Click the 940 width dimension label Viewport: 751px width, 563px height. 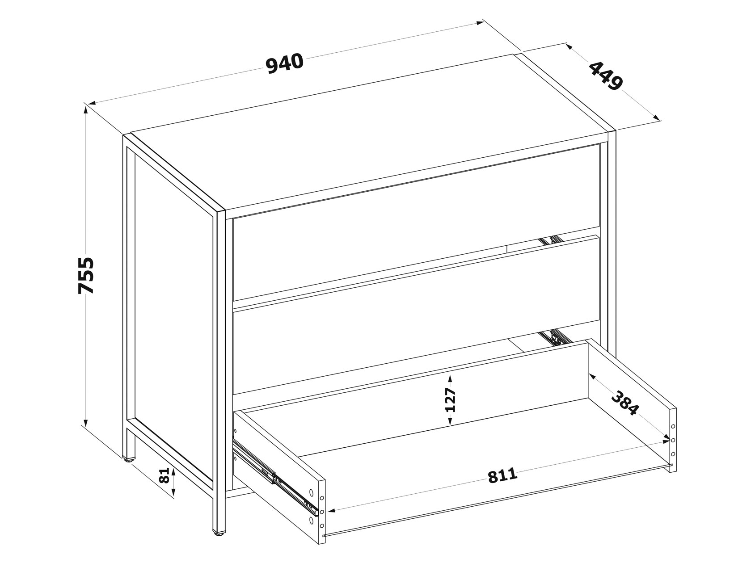(285, 63)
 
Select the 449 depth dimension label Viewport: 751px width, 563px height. (606, 76)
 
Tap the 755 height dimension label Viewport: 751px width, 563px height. (85, 276)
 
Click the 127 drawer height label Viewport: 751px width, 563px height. (451, 399)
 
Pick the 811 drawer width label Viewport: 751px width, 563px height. (502, 475)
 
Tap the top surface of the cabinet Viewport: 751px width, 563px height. (370, 132)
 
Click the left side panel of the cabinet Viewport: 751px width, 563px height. (174, 316)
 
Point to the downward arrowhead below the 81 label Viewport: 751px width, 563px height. (173, 492)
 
